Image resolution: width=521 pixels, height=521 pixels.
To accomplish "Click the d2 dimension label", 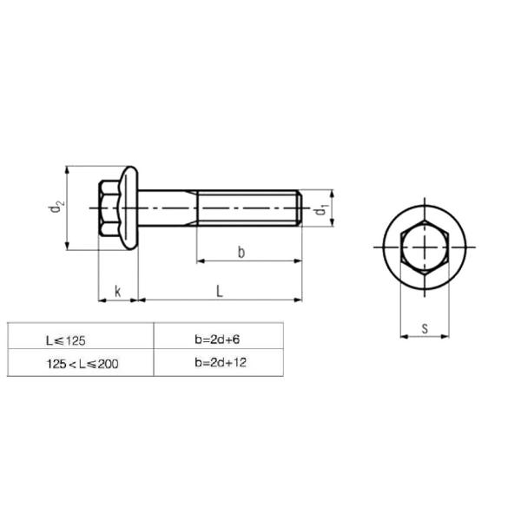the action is tap(56, 207).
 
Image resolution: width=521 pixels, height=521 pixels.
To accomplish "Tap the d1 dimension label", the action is tap(321, 209).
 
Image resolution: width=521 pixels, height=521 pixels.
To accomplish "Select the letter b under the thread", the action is tap(241, 252).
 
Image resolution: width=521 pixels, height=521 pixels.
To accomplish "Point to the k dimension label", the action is tap(117, 292).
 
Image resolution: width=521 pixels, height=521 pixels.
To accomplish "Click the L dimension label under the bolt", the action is tap(220, 292).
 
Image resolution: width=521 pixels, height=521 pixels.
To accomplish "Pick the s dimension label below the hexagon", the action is tap(425, 328).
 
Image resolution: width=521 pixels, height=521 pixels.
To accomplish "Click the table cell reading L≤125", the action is tap(81, 335).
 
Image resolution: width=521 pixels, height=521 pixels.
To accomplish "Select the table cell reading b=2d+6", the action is tap(219, 335).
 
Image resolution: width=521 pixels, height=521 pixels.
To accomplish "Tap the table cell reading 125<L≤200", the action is tap(81, 362).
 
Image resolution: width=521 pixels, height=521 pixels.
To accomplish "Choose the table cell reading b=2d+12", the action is tap(219, 362).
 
